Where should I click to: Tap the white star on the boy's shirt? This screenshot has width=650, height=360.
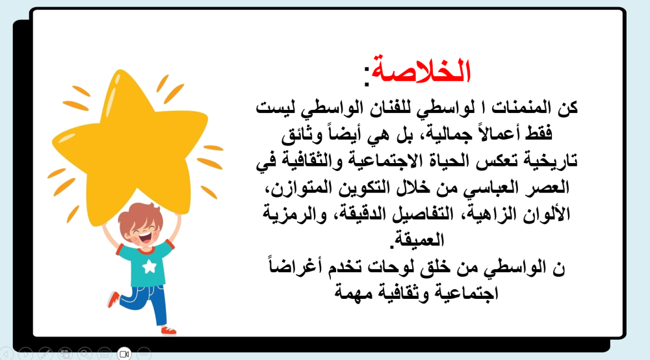[148, 266]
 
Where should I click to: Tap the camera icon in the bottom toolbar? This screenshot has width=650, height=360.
[124, 354]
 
